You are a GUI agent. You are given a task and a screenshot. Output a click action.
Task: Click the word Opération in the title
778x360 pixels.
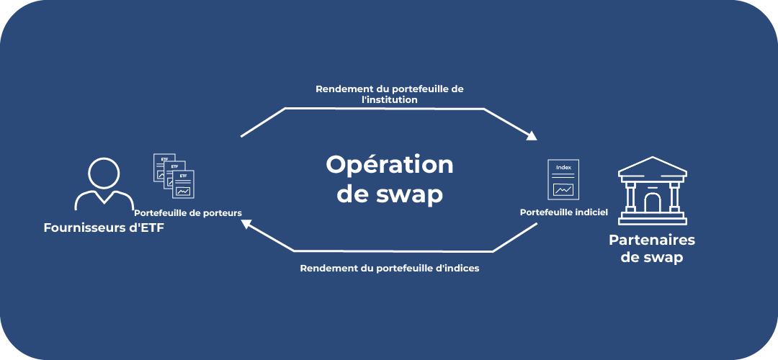[389, 165]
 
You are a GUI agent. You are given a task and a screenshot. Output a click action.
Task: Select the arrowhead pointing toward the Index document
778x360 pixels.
[532, 135]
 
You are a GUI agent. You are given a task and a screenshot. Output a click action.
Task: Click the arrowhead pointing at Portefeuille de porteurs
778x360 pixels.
[246, 225]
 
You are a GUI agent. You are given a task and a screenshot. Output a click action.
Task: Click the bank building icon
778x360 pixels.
[653, 191]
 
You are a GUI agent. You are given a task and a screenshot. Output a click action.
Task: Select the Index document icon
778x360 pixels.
[563, 179]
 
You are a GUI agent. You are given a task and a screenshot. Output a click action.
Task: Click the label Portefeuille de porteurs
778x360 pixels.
[187, 212]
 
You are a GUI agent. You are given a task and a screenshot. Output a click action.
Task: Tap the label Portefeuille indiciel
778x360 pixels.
[564, 212]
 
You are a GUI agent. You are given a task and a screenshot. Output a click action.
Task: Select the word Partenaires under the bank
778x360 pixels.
[652, 240]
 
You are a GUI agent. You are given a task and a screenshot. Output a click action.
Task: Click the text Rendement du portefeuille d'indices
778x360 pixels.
[389, 268]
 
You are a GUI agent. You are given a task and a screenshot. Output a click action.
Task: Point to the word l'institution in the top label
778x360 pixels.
[390, 100]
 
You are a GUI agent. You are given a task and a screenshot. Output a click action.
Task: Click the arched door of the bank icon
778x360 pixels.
[653, 202]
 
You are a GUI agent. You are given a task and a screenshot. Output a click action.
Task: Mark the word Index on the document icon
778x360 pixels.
[563, 168]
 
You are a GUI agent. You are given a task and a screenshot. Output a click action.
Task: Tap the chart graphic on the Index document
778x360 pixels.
[563, 189]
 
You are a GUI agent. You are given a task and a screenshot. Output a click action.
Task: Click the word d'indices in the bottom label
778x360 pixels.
[457, 268]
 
